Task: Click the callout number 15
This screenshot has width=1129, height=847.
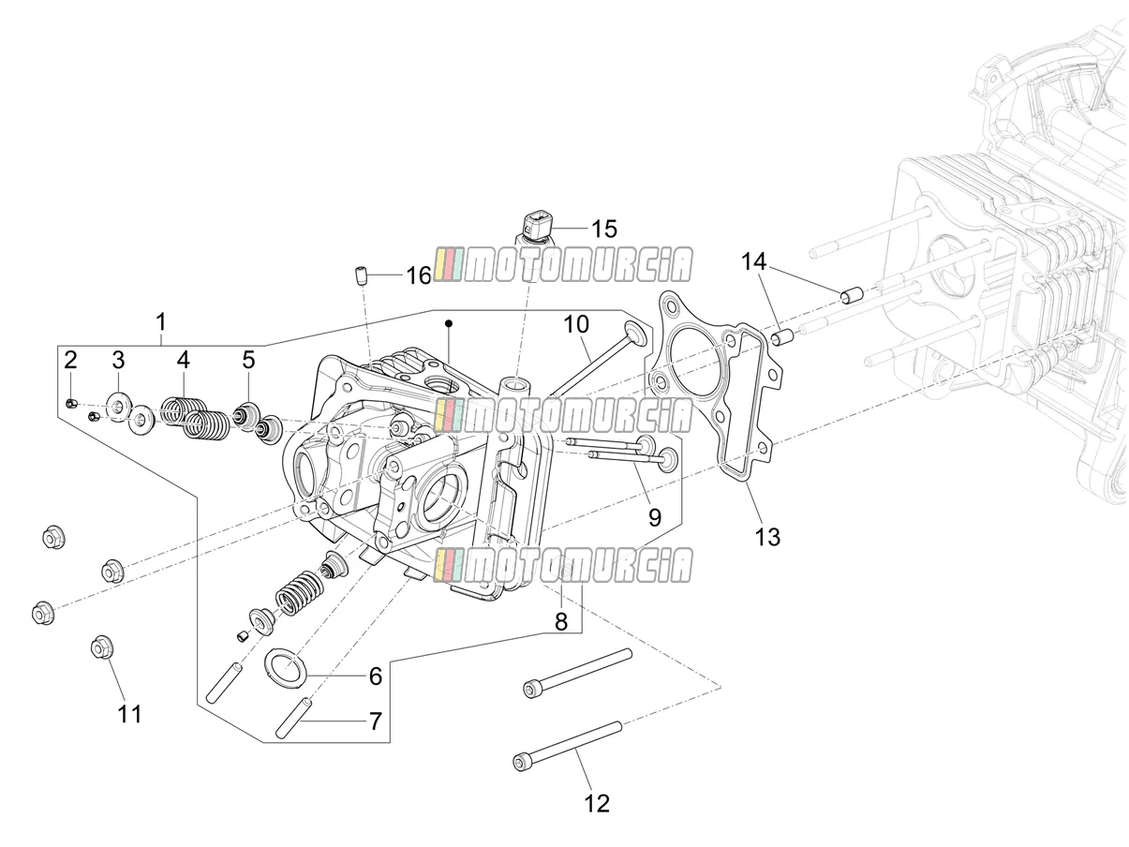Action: click(603, 229)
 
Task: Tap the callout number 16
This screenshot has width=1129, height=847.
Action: click(419, 275)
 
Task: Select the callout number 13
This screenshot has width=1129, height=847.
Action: click(767, 537)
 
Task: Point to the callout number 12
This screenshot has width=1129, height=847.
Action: click(597, 804)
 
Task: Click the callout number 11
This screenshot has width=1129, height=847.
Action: click(129, 714)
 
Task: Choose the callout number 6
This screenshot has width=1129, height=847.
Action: click(376, 676)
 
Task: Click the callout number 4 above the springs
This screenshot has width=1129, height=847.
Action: click(183, 360)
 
